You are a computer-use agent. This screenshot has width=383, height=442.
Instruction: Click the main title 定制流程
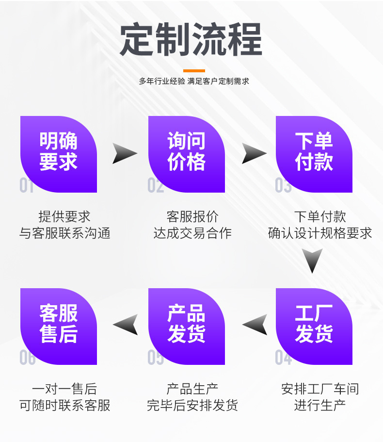191,39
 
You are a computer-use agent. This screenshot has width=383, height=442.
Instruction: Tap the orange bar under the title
194,71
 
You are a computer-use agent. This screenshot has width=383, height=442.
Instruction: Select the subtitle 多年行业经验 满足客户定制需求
194,81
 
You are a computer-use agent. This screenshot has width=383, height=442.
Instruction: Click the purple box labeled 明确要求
59,154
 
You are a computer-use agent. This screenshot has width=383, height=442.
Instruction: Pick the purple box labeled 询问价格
187,154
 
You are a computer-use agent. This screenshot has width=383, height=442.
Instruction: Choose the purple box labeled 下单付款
314,154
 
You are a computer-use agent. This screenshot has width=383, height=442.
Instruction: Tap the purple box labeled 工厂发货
314,327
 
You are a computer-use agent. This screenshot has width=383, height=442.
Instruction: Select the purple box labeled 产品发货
187,327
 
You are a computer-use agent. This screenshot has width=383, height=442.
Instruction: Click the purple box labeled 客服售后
59,327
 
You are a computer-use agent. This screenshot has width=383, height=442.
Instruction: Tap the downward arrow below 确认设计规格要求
312,260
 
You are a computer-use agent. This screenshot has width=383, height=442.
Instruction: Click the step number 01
26,185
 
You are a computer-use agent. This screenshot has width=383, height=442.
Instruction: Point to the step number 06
27,358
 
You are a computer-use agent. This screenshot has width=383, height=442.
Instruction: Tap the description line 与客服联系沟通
65,233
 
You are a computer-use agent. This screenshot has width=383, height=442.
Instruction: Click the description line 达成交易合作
192,233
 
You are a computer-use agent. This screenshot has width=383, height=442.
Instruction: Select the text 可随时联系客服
65,405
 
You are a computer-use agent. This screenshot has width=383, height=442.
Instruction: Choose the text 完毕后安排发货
192,405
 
